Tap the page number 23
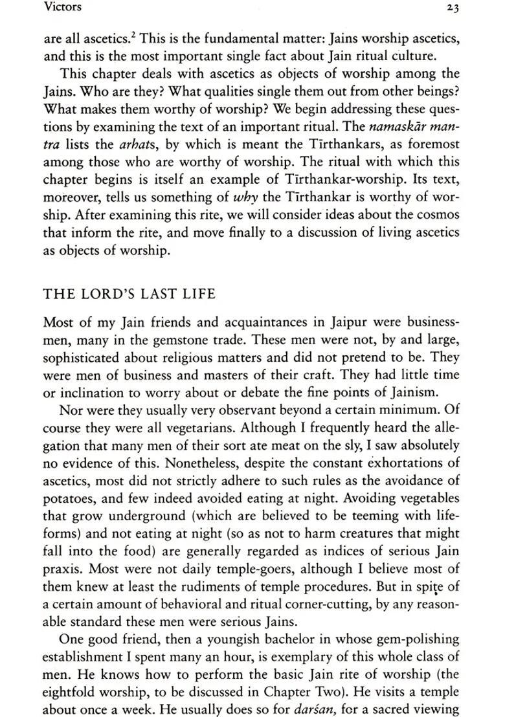452,8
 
